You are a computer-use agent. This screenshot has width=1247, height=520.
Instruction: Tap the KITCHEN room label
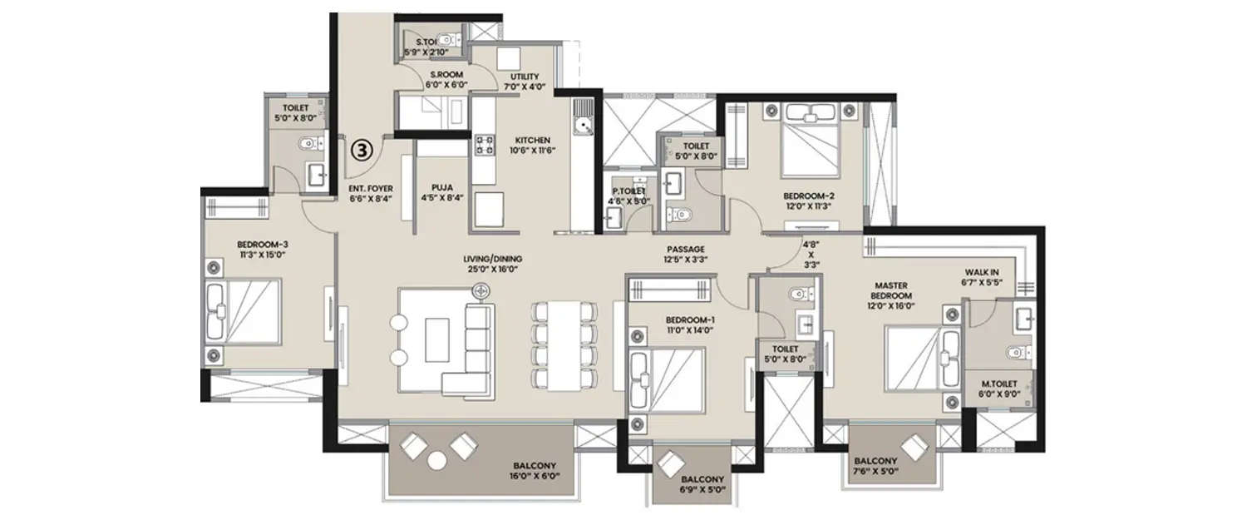tap(533, 141)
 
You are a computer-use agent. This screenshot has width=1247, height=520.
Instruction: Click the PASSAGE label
tap(686, 249)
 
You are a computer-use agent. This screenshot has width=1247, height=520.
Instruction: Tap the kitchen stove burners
tap(485, 146)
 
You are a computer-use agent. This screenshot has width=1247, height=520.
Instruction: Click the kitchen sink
tap(584, 125)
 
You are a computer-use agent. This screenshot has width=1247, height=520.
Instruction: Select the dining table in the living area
tap(564, 343)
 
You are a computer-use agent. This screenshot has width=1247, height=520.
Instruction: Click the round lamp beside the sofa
tap(481, 291)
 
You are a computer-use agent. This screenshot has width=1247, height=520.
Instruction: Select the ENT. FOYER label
tap(371, 189)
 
